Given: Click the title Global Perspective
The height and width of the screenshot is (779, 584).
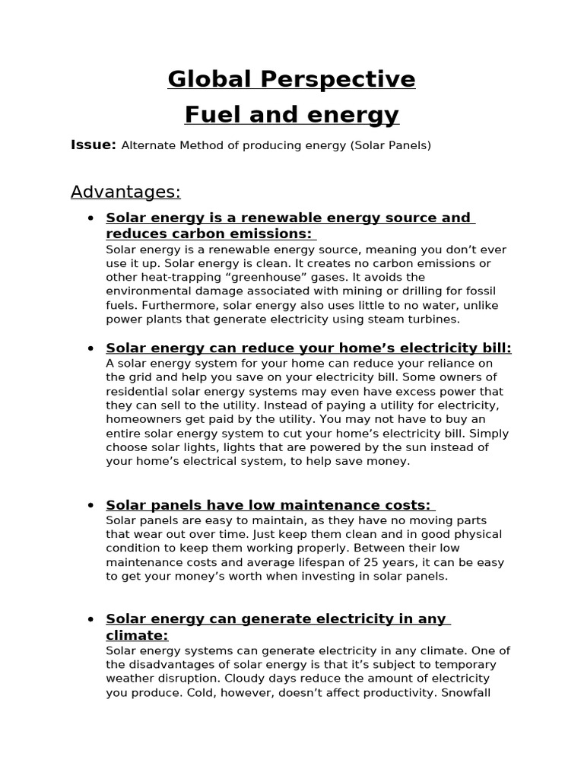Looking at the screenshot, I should pyautogui.click(x=291, y=79).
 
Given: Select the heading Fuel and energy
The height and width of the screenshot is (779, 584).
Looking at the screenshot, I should pyautogui.click(x=291, y=115).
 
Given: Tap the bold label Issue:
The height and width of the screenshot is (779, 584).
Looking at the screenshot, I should pyautogui.click(x=93, y=145).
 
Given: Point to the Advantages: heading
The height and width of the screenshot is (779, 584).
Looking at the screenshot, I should pyautogui.click(x=125, y=192).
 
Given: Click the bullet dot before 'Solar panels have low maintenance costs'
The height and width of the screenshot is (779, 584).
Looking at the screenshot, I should pyautogui.click(x=90, y=506).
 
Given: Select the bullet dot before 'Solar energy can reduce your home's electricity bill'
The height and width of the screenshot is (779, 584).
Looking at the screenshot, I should pyautogui.click(x=90, y=349).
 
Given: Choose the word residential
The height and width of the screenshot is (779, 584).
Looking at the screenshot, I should pyautogui.click(x=141, y=392).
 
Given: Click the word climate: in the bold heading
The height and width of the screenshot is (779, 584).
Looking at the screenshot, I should pyautogui.click(x=137, y=635).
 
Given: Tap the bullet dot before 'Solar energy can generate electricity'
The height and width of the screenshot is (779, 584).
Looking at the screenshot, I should pyautogui.click(x=90, y=619).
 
